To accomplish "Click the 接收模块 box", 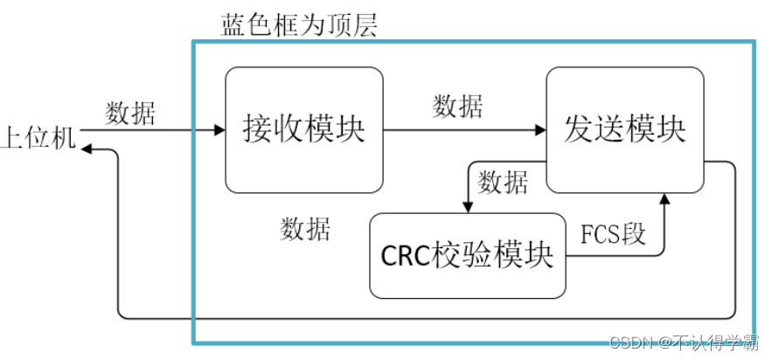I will [x=303, y=130].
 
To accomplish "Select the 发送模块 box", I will [x=624, y=128].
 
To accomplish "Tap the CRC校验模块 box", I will [x=467, y=255].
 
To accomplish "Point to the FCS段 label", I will [x=612, y=233].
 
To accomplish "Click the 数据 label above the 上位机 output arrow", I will [x=130, y=114].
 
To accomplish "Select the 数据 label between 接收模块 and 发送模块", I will [x=457, y=107].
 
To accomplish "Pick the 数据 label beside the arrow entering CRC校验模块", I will [x=503, y=183].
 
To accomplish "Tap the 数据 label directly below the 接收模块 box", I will [x=305, y=230].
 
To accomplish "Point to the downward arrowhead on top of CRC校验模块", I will [x=468, y=207].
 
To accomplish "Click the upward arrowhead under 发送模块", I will [x=664, y=199].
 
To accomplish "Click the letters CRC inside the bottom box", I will [x=406, y=256].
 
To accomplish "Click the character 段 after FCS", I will [x=634, y=233].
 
